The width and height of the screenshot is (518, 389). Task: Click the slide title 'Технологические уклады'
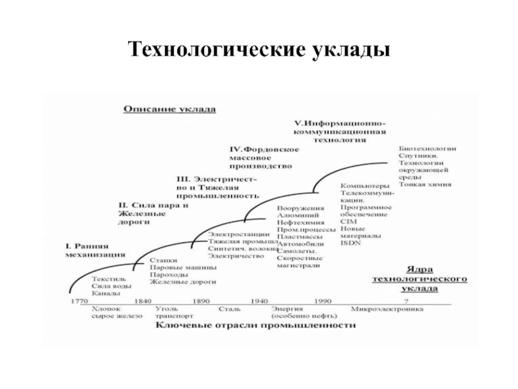point(259,50)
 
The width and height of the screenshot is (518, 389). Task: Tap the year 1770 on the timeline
point(79,301)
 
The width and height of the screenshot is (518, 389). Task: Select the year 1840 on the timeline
point(143,301)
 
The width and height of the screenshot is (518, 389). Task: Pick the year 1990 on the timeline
point(322,301)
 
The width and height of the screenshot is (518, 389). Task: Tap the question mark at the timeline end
point(407,301)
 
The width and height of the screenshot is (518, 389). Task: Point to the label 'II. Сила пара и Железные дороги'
point(153,213)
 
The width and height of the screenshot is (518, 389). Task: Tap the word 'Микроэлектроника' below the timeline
point(387,309)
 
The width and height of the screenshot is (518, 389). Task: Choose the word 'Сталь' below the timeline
point(230,309)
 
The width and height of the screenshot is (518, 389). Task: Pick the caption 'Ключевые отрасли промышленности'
point(254,325)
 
